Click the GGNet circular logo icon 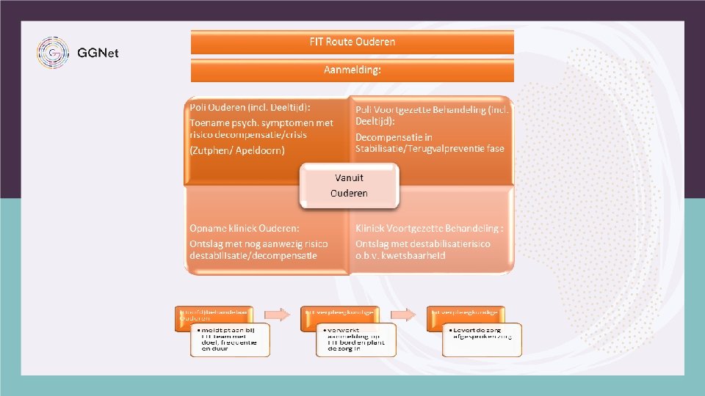coord(53,52)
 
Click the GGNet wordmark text coord(98,53)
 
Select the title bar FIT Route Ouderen coord(352,42)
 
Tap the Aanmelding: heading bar coord(352,70)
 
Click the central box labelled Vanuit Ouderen coord(349,186)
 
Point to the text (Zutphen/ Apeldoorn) coord(236,150)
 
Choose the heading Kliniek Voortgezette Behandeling coord(430,229)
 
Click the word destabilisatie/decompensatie coord(253,255)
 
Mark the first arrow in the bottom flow coord(278,314)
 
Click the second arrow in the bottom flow coord(403,314)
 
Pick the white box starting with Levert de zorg coord(481,339)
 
